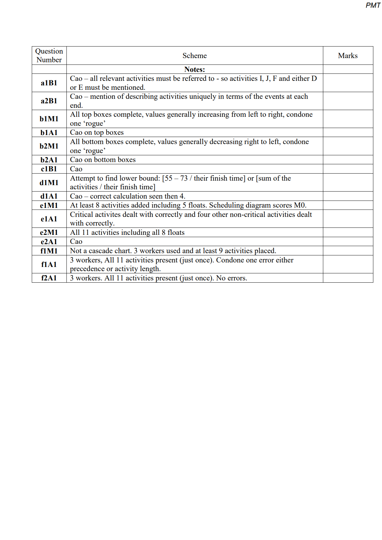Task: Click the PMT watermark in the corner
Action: click(x=373, y=5)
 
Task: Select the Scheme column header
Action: click(x=195, y=56)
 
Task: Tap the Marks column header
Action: click(x=348, y=56)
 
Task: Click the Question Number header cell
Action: click(x=49, y=56)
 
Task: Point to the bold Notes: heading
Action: click(x=195, y=69)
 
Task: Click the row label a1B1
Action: click(x=49, y=83)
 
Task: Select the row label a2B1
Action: click(x=49, y=101)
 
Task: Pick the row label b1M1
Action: click(x=49, y=119)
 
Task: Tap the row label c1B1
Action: click(x=49, y=169)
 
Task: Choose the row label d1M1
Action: click(x=49, y=183)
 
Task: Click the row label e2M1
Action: click(x=49, y=232)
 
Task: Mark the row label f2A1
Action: click(x=49, y=278)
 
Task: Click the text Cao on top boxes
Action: click(x=97, y=133)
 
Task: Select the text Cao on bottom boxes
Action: click(x=103, y=160)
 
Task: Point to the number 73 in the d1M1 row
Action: click(x=184, y=178)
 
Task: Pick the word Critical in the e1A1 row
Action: click(x=82, y=215)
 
